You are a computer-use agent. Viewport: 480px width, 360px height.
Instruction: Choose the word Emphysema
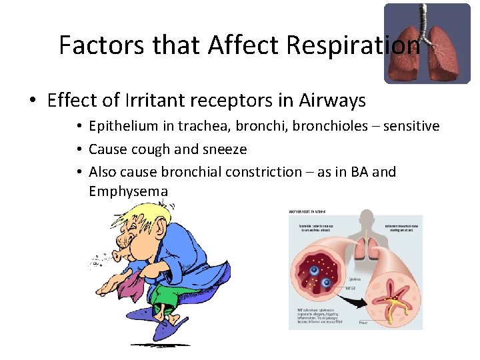coord(128,192)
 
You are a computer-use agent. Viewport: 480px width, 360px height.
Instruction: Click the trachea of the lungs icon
coord(421,20)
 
